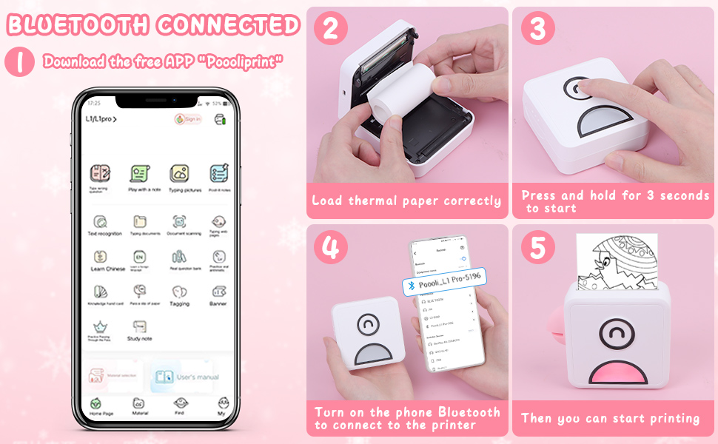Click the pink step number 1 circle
20,62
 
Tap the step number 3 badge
538,29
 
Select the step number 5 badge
538,248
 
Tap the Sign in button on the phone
188,118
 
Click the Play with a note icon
138,174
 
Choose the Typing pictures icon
178,174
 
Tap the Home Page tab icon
96,404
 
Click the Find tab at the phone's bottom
179,404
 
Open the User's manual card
185,377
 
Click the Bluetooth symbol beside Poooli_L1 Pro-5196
408,285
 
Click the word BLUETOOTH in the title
77,25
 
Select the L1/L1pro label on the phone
100,118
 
